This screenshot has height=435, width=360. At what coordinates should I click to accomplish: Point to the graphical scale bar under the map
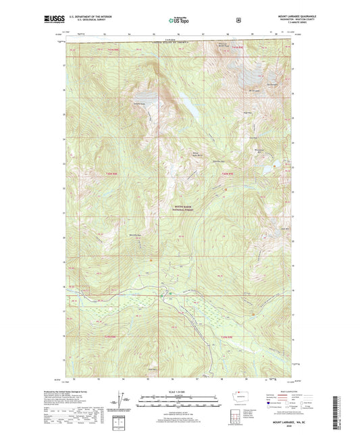coord(180,400)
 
